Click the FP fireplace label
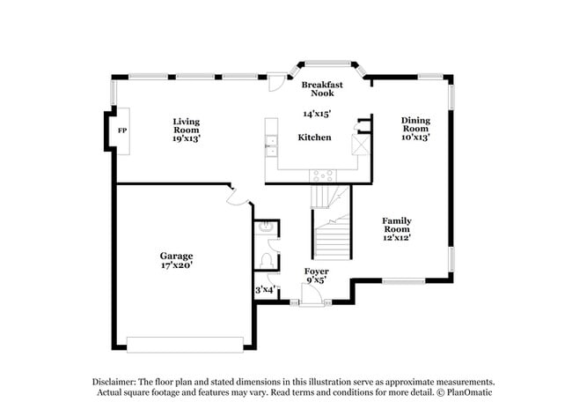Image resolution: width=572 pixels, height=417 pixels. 121,130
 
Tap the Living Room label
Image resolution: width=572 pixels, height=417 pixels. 186,125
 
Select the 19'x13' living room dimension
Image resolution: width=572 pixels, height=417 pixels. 186,138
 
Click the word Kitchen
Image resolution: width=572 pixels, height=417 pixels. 314,138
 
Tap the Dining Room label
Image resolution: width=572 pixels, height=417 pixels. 415,125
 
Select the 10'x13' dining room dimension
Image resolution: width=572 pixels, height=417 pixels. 415,138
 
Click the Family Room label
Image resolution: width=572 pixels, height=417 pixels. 396,225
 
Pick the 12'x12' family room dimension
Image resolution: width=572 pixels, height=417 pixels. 396,237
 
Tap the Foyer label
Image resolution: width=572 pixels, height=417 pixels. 317,271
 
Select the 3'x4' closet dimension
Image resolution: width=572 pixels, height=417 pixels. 266,288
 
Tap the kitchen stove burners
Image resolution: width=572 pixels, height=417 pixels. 323,175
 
